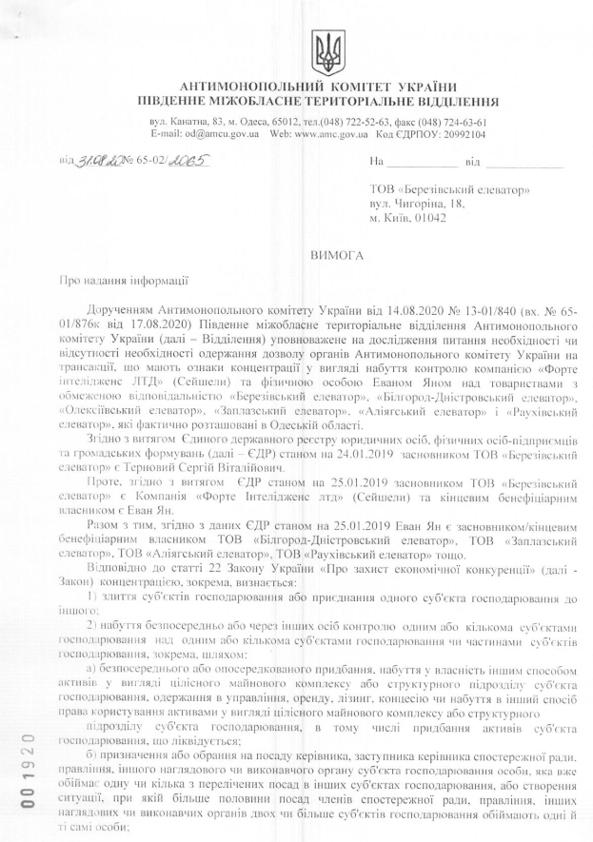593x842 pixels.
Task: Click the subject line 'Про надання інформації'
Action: pos(111,281)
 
